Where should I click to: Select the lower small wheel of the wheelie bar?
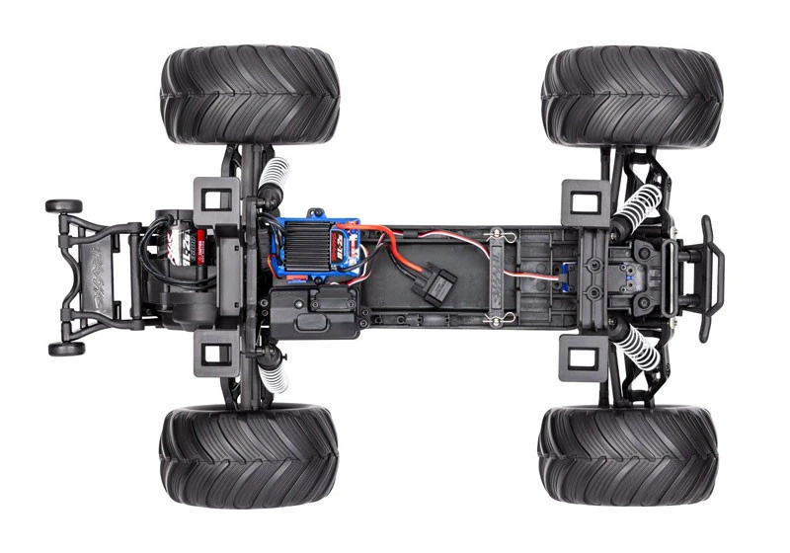click(66, 349)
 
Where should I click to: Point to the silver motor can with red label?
click(185, 242)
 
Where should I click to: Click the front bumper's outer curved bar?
click(712, 277)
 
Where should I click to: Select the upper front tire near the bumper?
click(632, 97)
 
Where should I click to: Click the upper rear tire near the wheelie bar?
click(250, 95)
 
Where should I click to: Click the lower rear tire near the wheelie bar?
click(249, 454)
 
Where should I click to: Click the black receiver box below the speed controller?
click(314, 309)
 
